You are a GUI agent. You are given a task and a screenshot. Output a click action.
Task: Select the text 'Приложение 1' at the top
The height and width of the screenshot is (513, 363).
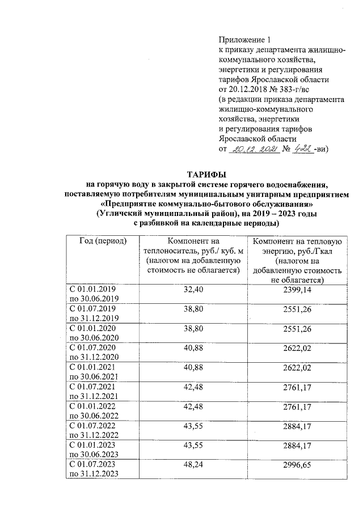[x=245, y=40]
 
